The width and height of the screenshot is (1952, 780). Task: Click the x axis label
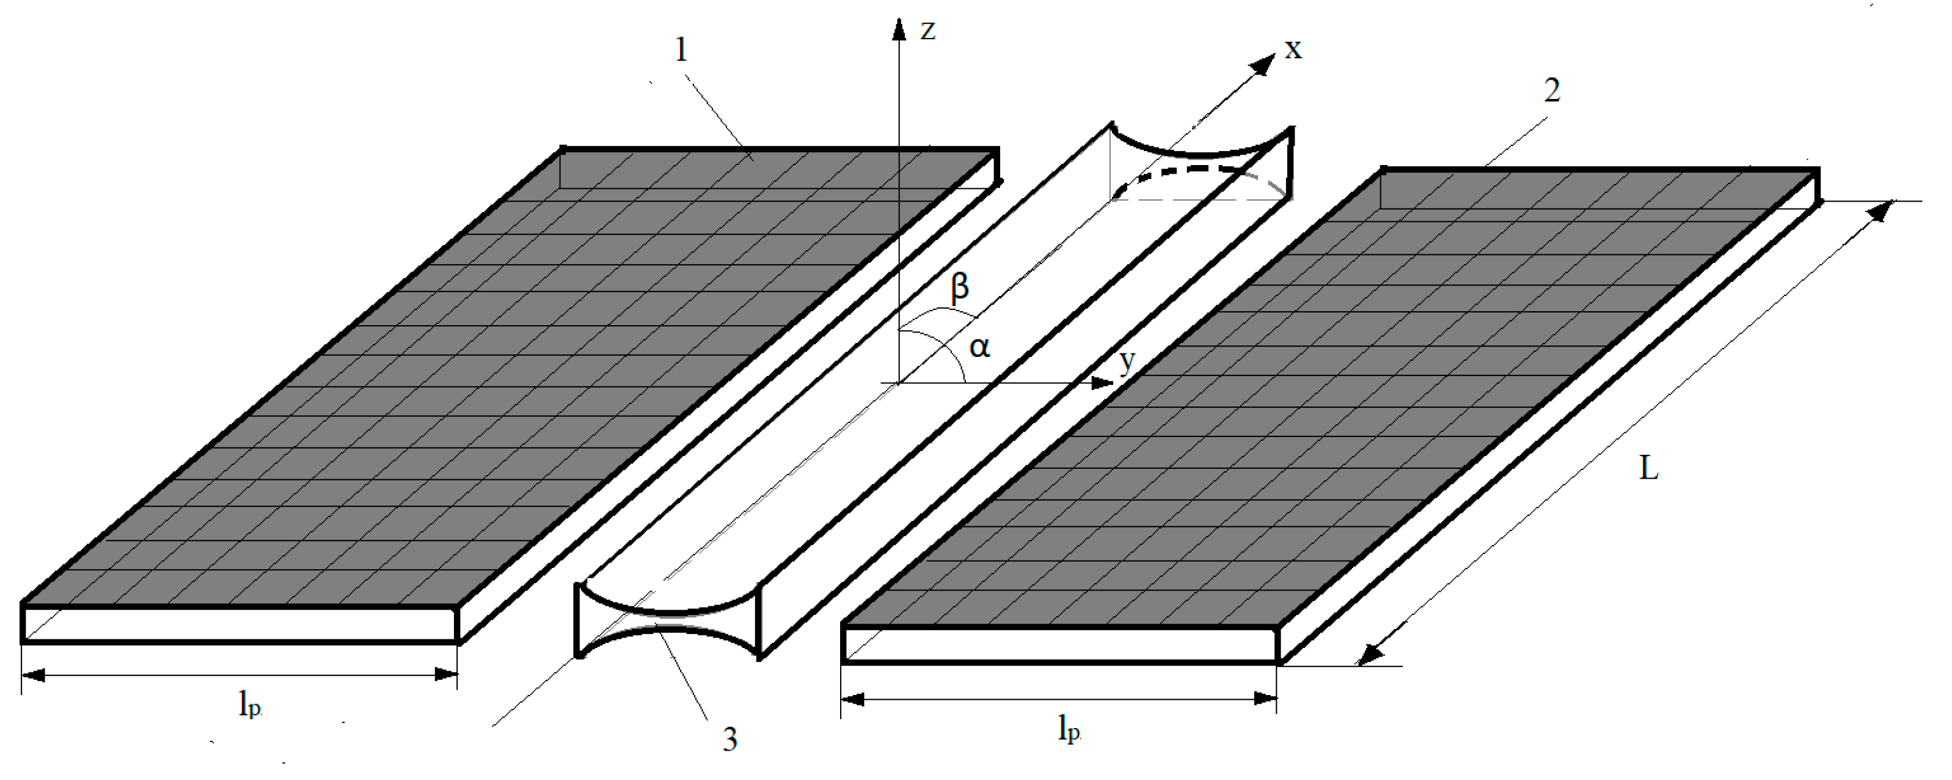coord(1293,50)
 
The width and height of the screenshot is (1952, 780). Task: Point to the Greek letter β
coord(959,288)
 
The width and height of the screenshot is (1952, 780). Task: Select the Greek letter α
coord(979,347)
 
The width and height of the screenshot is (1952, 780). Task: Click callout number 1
coord(681,50)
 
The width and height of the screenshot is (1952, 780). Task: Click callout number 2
coord(1552,91)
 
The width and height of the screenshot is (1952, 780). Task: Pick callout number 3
coord(729,739)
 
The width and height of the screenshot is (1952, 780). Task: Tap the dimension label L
coord(1649,468)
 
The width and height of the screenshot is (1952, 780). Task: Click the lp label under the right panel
coord(1069,729)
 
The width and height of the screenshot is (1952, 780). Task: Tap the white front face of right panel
coord(1061,645)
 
